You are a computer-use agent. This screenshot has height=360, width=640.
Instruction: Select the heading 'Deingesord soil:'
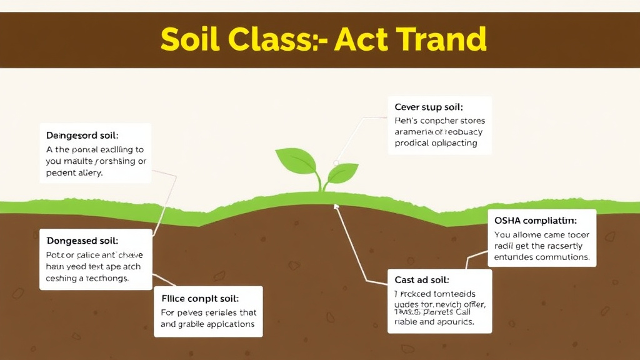click(x=82, y=135)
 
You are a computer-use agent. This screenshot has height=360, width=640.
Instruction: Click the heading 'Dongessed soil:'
click(x=82, y=240)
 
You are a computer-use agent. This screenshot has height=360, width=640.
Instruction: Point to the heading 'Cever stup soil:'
click(x=429, y=107)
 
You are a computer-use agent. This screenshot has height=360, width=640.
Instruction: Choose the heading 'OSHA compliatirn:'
click(x=535, y=221)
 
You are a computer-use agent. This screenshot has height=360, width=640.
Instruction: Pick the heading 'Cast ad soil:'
click(x=422, y=280)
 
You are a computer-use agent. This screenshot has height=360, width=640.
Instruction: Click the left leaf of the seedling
click(x=296, y=161)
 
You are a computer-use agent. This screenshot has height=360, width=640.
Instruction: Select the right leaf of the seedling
click(x=344, y=171)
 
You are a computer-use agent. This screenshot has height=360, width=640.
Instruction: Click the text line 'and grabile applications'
click(x=207, y=324)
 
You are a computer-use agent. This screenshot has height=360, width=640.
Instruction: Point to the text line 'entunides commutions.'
click(x=541, y=257)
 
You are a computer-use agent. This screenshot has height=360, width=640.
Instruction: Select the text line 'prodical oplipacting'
click(x=436, y=143)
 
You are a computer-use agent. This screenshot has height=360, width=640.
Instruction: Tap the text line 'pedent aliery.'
click(x=74, y=172)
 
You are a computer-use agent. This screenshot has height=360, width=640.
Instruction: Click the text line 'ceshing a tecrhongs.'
click(x=87, y=279)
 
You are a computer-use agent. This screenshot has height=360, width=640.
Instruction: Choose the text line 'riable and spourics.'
click(x=434, y=322)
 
